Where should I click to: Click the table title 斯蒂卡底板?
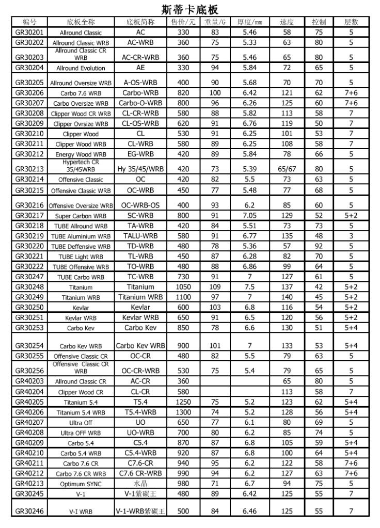click(x=190, y=9)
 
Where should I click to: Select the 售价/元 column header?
click(x=183, y=22)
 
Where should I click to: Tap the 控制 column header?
click(x=319, y=22)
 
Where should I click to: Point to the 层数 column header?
click(x=351, y=22)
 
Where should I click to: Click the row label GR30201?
click(x=30, y=33)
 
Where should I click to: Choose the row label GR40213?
click(x=30, y=483)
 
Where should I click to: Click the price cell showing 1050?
click(x=183, y=287)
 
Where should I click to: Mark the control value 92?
click(x=319, y=246)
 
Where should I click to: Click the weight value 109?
click(x=215, y=287)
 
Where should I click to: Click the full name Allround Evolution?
click(x=81, y=68)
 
